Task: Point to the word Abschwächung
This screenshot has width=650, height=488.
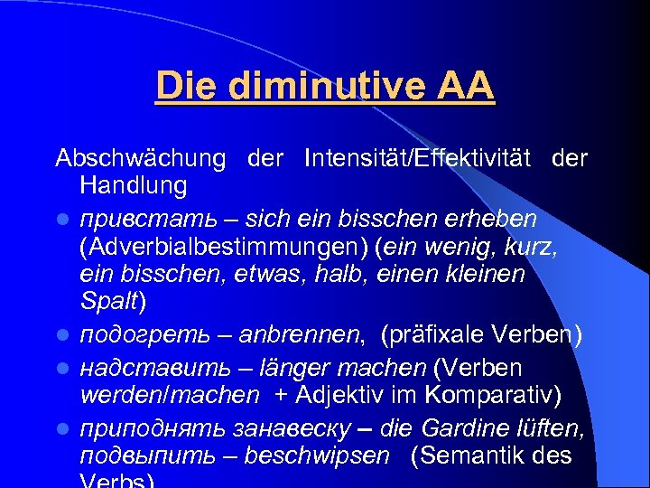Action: [140, 159]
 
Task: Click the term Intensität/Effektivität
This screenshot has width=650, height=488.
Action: [422, 159]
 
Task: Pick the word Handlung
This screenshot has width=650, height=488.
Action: [133, 186]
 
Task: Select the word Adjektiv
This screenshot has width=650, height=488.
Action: [378, 395]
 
